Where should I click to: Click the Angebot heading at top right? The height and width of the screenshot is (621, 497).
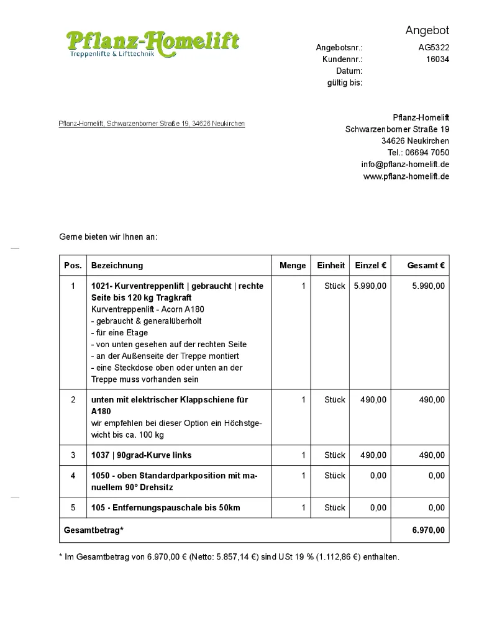(x=427, y=30)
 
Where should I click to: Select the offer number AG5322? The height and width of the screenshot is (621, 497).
(x=434, y=48)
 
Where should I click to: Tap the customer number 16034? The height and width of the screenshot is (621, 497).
(x=437, y=60)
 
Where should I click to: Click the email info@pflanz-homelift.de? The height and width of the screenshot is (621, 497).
(x=405, y=165)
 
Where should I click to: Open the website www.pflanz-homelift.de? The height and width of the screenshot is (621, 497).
(x=406, y=176)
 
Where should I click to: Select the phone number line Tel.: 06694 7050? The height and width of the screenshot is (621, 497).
(x=418, y=153)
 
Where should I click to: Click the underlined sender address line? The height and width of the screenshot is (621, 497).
(x=152, y=124)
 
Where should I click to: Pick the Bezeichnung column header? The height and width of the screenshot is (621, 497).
(x=117, y=265)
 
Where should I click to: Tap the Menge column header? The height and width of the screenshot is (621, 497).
(x=293, y=265)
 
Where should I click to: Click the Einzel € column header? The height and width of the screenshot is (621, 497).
(x=370, y=265)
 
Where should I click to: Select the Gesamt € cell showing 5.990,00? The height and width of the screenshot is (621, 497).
(x=428, y=286)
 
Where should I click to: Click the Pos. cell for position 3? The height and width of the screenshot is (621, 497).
(x=73, y=455)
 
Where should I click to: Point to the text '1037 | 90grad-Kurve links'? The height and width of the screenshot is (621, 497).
(x=142, y=455)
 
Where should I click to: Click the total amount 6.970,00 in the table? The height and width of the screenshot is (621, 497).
(x=428, y=530)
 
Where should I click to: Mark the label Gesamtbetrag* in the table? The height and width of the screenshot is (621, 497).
(x=94, y=530)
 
